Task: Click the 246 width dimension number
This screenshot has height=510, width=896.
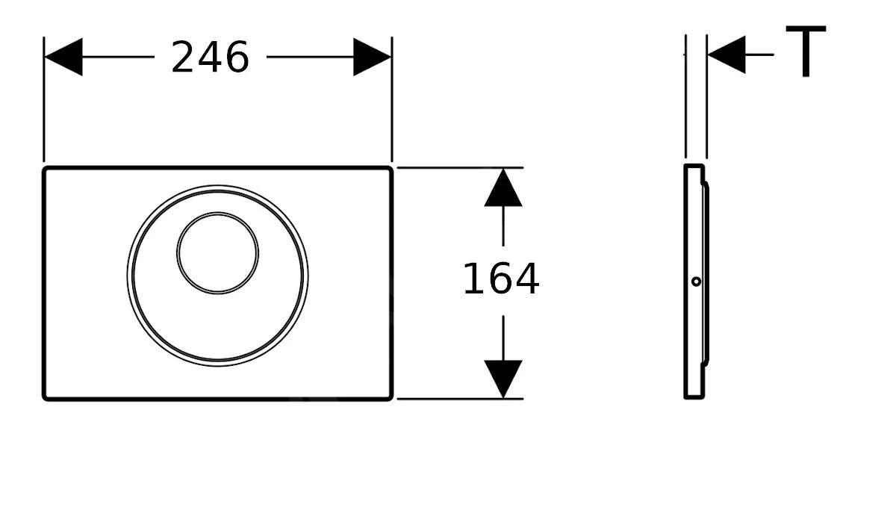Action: click(210, 57)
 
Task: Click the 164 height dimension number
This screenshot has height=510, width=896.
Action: click(500, 280)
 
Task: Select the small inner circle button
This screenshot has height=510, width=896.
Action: click(218, 252)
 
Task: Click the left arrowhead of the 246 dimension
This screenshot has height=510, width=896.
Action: click(63, 57)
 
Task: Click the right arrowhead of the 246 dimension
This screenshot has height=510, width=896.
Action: click(372, 57)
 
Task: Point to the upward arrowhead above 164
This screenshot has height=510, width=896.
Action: click(503, 188)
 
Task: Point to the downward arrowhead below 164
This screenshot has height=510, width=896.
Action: click(503, 378)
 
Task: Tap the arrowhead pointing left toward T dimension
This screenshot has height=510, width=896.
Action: click(726, 55)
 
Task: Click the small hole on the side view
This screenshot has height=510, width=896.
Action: click(696, 282)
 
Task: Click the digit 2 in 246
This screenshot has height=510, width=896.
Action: click(184, 57)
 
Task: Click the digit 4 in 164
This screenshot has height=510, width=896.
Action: click(526, 280)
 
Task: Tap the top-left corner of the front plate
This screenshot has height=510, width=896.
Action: click(46, 170)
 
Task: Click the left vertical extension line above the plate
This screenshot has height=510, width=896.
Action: click(44, 105)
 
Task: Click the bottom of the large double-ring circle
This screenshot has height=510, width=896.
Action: click(217, 364)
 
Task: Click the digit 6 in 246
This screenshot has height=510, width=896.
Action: click(237, 57)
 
